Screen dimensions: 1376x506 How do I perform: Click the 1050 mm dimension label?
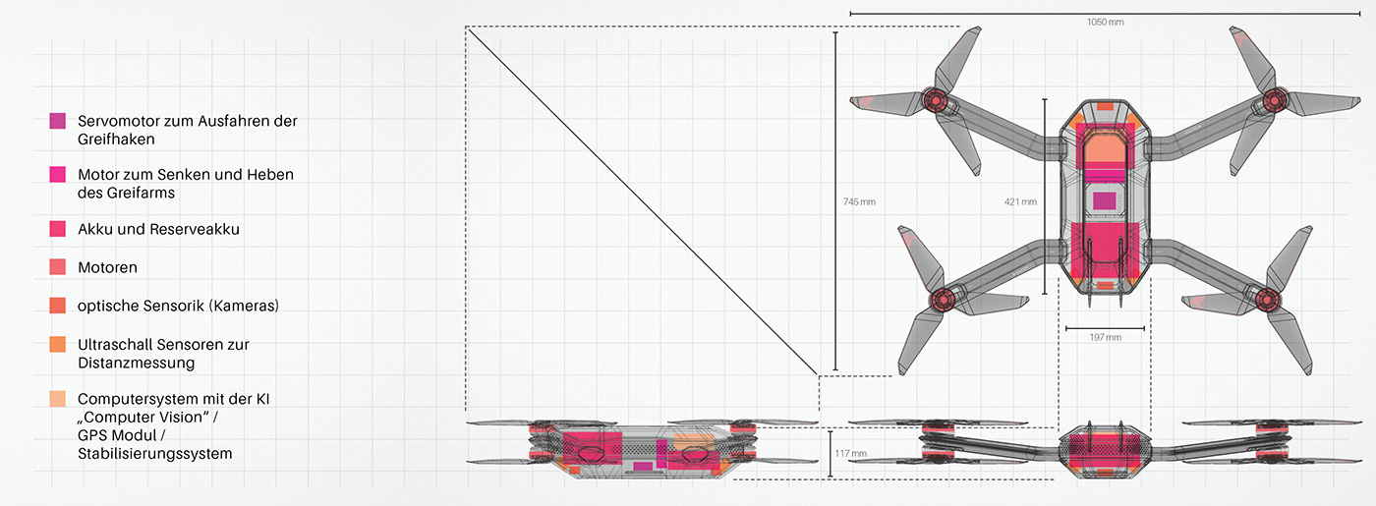coord(1105,22)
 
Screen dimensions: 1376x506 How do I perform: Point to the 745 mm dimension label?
coord(859,202)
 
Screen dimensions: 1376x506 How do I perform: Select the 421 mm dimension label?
coord(1020,202)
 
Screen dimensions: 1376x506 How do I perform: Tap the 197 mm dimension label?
coord(1105,337)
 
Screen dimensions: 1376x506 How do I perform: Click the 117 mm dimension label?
coord(851,454)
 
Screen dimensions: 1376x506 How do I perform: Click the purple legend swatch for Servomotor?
coord(58,121)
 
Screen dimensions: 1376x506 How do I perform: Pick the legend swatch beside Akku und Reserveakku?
coord(58,228)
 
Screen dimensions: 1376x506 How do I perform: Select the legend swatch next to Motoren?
coord(58,267)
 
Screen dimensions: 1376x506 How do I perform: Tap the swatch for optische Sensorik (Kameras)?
coord(58,306)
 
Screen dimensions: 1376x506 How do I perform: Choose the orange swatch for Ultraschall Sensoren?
coord(58,344)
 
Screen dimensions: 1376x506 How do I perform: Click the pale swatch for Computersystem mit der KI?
coord(58,399)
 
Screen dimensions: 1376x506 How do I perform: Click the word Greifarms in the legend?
coord(142,194)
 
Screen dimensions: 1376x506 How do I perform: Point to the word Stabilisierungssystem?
coord(155,454)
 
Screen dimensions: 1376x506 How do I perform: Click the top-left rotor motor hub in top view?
coord(935,99)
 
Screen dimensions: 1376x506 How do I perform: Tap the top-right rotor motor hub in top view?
coord(1275,99)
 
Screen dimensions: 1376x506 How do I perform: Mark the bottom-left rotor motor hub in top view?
coord(942,300)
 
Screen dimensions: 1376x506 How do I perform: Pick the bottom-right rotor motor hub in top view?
coord(1267,300)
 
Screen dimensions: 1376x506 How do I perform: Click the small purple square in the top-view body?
coord(1105,201)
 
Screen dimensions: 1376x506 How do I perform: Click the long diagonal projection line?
coord(642,200)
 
